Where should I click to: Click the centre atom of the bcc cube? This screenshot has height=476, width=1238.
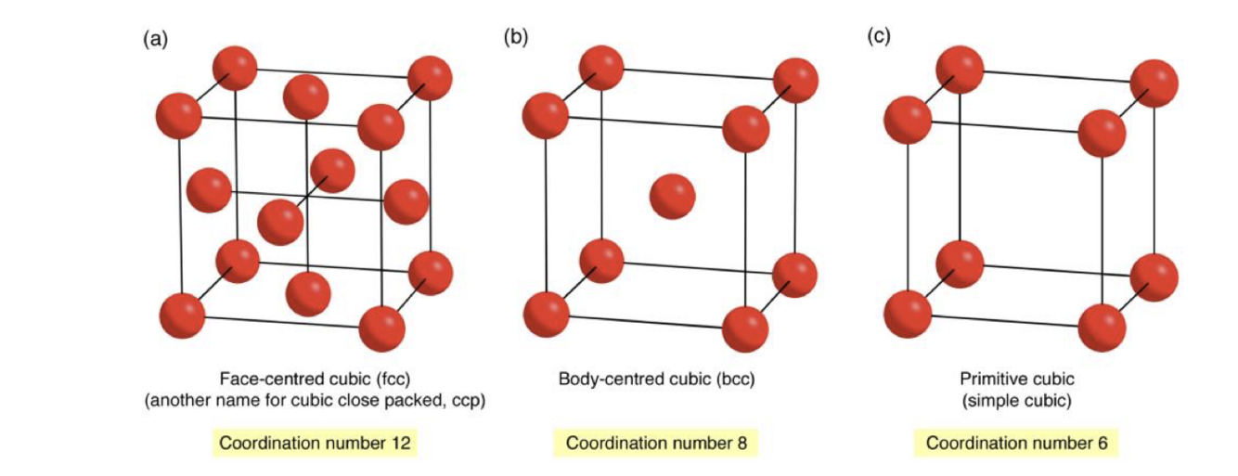click(x=672, y=196)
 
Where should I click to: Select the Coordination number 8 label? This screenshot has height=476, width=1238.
click(x=655, y=443)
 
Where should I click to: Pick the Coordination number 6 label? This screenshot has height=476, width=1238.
click(x=1017, y=443)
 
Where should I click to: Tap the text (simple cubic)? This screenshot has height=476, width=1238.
click(x=1017, y=401)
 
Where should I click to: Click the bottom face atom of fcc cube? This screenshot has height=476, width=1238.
click(x=308, y=293)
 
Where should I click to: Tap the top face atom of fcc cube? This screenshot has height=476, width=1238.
click(x=305, y=96)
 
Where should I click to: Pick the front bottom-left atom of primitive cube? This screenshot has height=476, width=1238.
click(x=907, y=314)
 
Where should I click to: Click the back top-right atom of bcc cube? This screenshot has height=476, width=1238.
click(x=794, y=80)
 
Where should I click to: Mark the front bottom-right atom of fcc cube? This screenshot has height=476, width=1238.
click(x=381, y=328)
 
